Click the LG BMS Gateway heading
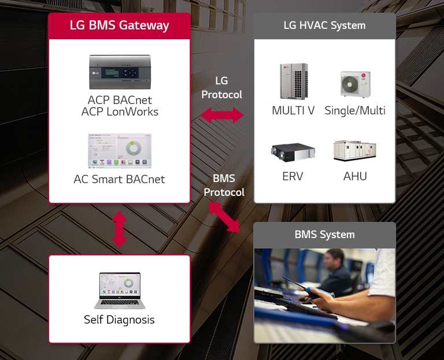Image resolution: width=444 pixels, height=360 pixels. (119, 25)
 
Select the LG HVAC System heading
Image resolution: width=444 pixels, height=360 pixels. (324, 25)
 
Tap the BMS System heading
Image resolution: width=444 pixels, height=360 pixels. (324, 235)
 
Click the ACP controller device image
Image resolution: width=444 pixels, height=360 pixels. (119, 72)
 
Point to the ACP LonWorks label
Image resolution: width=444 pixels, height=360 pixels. (120, 112)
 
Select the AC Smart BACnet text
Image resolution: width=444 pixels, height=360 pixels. (119, 179)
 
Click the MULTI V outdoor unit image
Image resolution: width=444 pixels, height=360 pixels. (294, 81)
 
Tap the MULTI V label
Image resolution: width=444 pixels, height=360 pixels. (293, 110)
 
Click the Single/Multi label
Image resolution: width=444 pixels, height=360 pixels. (355, 110)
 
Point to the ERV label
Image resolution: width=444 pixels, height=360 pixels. (293, 176)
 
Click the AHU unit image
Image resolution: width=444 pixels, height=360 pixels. (355, 150)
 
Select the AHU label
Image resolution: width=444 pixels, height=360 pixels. (355, 176)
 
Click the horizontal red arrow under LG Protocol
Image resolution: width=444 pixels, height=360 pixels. (222, 115)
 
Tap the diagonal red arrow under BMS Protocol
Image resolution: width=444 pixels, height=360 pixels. (224, 217)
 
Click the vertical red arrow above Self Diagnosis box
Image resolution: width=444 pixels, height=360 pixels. (119, 229)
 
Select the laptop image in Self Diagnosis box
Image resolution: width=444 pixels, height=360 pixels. (119, 291)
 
